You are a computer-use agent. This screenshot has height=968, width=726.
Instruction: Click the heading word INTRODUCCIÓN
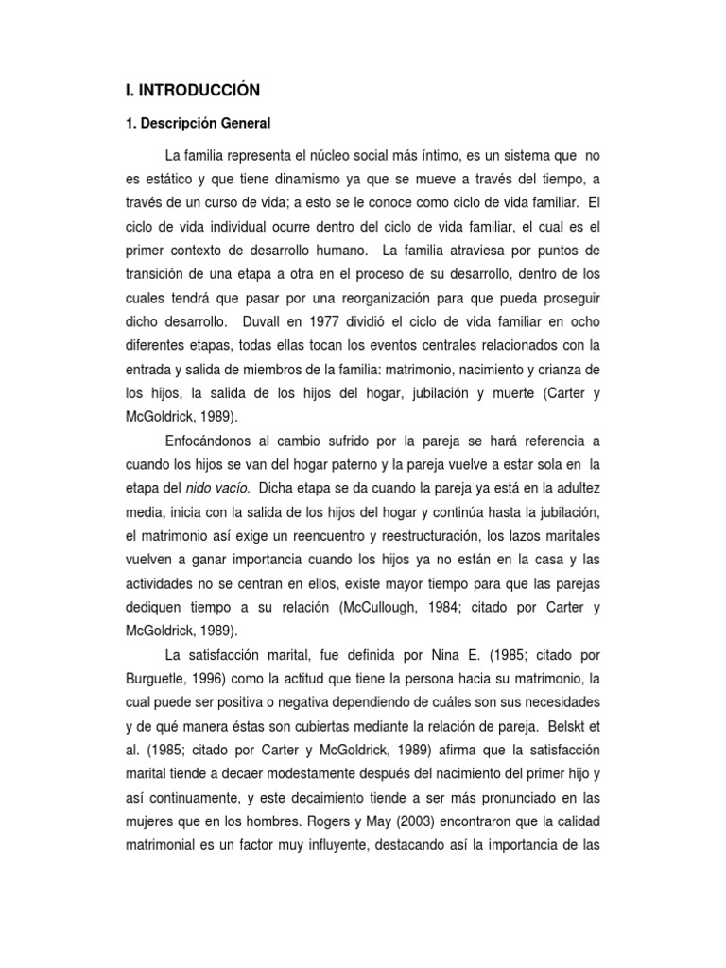pos(197,90)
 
